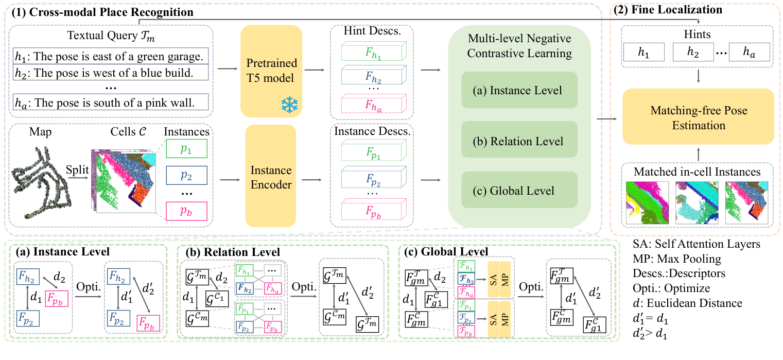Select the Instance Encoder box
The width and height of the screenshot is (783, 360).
click(271, 176)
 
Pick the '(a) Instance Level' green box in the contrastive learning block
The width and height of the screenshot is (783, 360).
click(519, 91)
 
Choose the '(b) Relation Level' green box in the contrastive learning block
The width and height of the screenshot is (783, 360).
click(519, 141)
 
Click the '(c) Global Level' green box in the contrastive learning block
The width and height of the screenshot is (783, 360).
click(519, 191)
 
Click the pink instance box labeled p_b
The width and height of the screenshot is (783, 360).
click(186, 211)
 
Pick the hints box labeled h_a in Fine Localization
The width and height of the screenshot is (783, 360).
click(750, 52)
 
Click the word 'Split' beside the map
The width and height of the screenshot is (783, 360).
click(77, 168)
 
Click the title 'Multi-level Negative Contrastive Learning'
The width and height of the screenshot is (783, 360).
click(519, 45)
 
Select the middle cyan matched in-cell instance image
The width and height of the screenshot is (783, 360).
click(698, 204)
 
